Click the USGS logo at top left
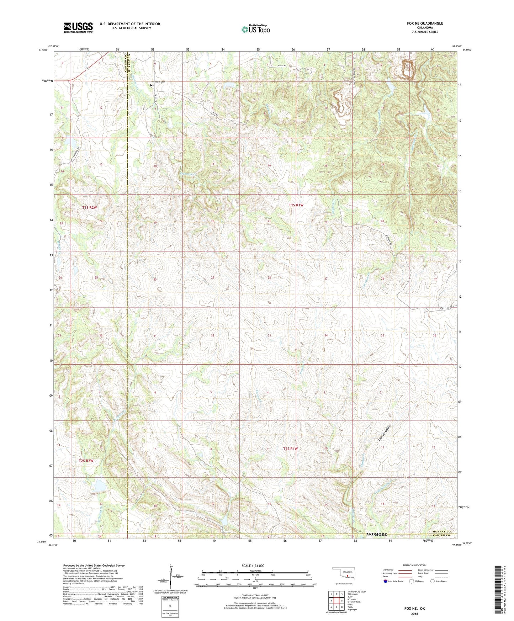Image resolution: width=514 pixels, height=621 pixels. point(78,27)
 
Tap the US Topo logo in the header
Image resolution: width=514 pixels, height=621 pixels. point(255,29)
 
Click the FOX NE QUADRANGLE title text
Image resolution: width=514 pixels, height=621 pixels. point(425,23)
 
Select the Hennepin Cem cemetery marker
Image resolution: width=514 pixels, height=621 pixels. point(151,85)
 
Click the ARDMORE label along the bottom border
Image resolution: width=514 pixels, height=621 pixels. point(376,535)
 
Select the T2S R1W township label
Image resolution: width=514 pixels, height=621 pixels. point(290,449)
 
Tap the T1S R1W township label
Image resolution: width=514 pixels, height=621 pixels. point(296,205)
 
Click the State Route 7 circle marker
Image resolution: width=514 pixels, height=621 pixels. point(87,68)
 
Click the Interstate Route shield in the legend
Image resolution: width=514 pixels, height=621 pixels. point(386,581)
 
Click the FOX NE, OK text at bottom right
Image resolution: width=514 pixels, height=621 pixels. point(414,609)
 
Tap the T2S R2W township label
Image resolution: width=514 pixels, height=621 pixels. point(86,461)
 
